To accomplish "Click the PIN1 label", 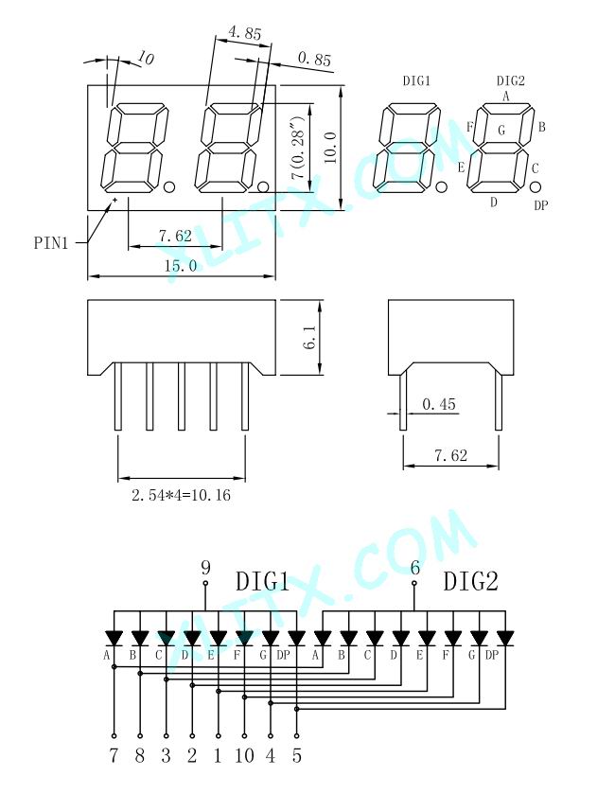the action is (x=50, y=243).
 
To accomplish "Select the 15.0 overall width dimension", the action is (x=181, y=266).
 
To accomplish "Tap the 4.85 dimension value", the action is (x=245, y=33).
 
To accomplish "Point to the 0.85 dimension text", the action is (x=314, y=59).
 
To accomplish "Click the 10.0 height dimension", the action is (x=330, y=148).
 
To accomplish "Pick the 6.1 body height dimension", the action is (x=310, y=337).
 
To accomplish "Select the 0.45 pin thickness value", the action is (x=438, y=404).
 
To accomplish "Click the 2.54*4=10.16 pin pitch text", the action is (x=181, y=495).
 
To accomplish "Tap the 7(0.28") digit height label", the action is (x=298, y=148).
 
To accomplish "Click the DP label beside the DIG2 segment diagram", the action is (x=541, y=205).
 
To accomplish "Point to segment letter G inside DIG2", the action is (x=501, y=131).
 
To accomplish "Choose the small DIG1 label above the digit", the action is (x=416, y=80).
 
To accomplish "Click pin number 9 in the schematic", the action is (x=205, y=568).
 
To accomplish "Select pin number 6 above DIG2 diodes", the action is (x=414, y=568).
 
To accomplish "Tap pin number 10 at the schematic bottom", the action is (x=244, y=755).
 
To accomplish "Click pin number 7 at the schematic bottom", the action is (x=114, y=755).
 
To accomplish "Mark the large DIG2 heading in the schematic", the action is (x=471, y=581).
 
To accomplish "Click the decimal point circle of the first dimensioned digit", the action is (x=169, y=187).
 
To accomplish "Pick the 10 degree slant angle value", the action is (x=146, y=60).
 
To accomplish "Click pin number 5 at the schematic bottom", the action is (x=297, y=755).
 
